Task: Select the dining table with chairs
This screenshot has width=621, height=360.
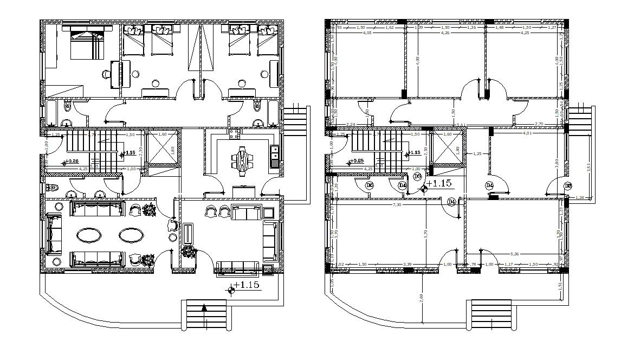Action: pos(242,159)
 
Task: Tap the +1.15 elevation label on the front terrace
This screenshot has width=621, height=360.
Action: pos(247,285)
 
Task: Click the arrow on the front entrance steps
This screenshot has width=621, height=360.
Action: pos(204,308)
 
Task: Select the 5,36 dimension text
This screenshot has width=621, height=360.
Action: pos(515,253)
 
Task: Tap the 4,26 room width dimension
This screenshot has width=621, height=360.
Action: pos(445,33)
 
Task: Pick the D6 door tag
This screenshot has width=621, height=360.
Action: pos(370,185)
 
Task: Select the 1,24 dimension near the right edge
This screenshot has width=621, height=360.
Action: pos(579,198)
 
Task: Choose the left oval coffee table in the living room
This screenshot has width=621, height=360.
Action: pos(88,235)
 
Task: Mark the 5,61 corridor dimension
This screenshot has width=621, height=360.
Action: pos(461,125)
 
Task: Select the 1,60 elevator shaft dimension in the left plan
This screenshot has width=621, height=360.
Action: pos(161,134)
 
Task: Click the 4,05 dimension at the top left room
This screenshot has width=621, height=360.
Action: pos(367,33)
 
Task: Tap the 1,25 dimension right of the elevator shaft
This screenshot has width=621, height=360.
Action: pos(477,154)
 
